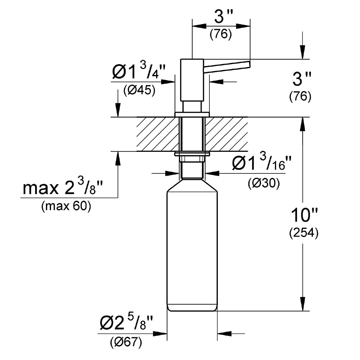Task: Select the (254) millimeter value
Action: coord(303,233)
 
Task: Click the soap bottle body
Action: coord(192,246)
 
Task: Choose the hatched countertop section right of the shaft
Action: coord(226,134)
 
